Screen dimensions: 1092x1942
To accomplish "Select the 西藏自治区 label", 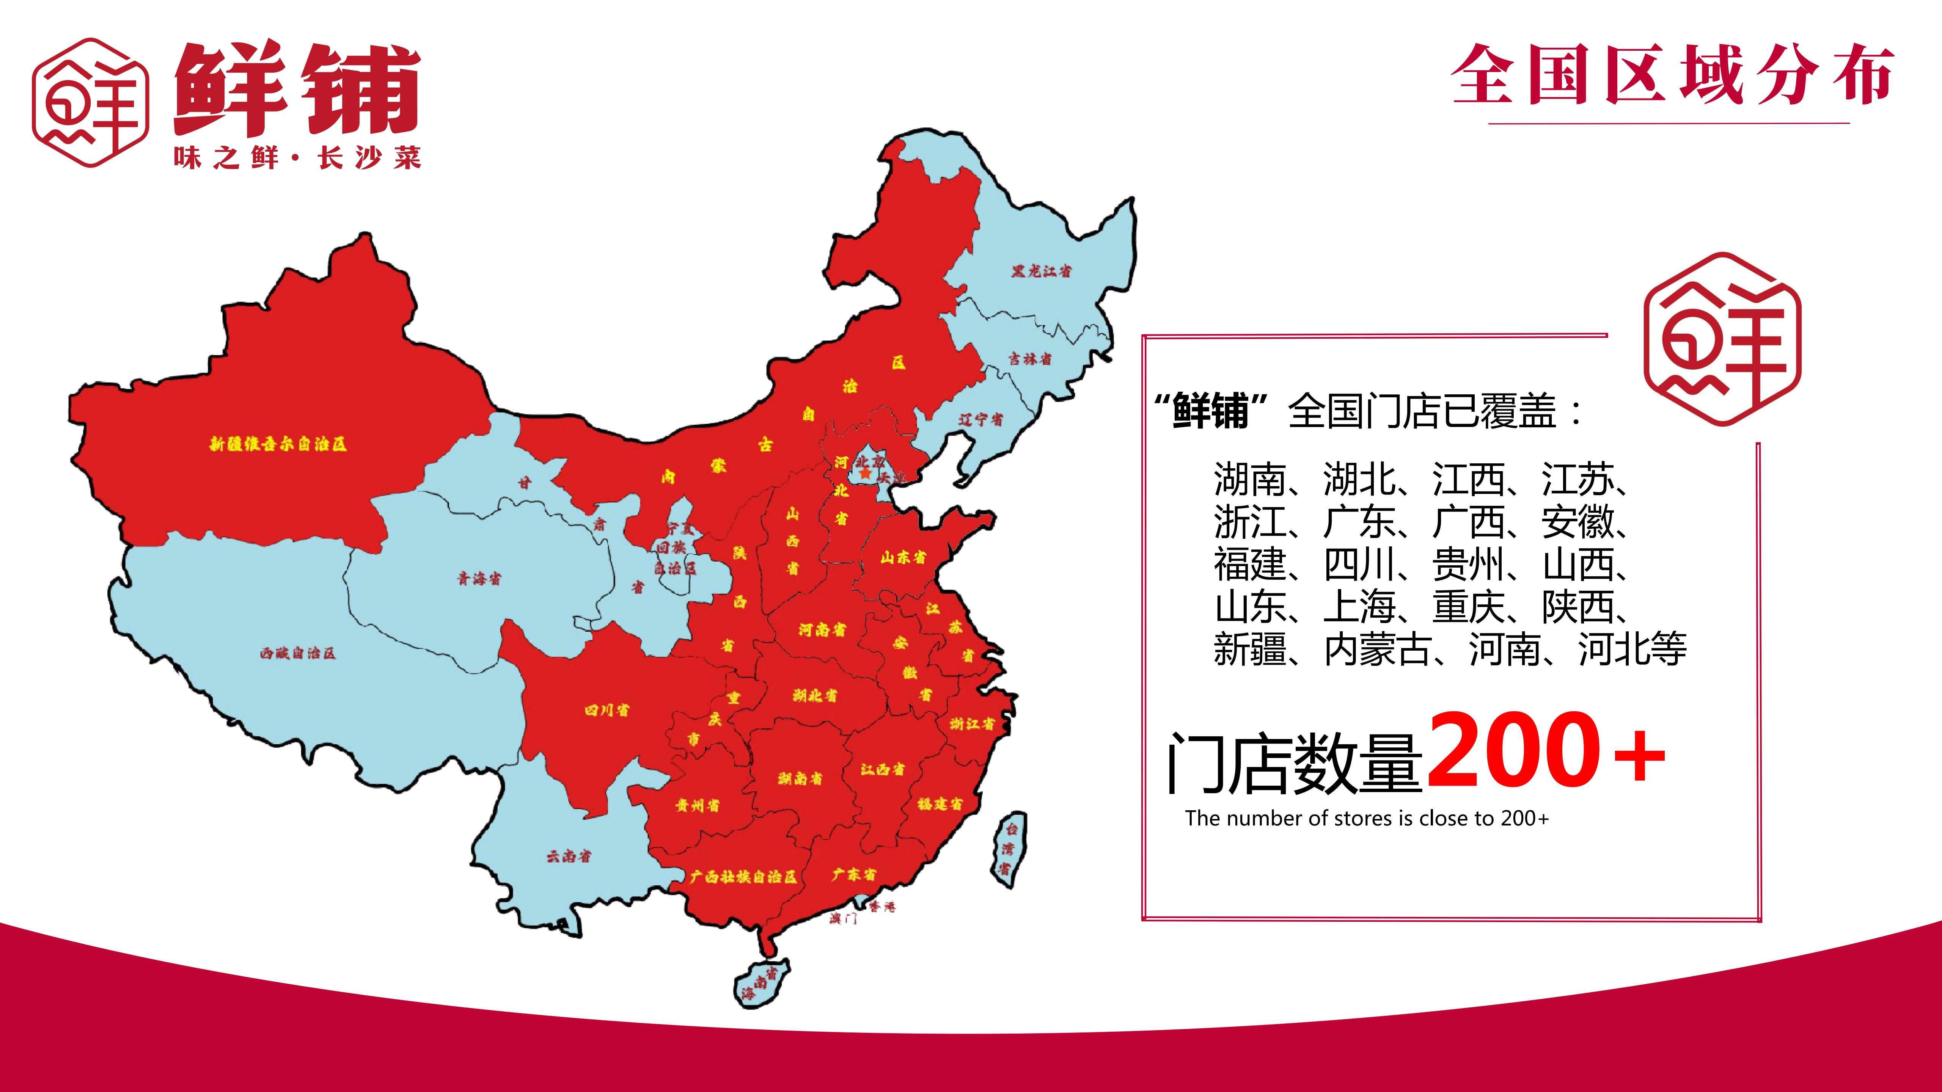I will click(298, 653).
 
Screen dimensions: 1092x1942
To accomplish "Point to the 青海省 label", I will click(479, 579).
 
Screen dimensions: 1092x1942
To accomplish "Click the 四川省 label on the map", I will click(607, 710).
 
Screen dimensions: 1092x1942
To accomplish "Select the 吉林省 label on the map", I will click(1031, 359).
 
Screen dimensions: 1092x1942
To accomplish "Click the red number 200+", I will click(1546, 750).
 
